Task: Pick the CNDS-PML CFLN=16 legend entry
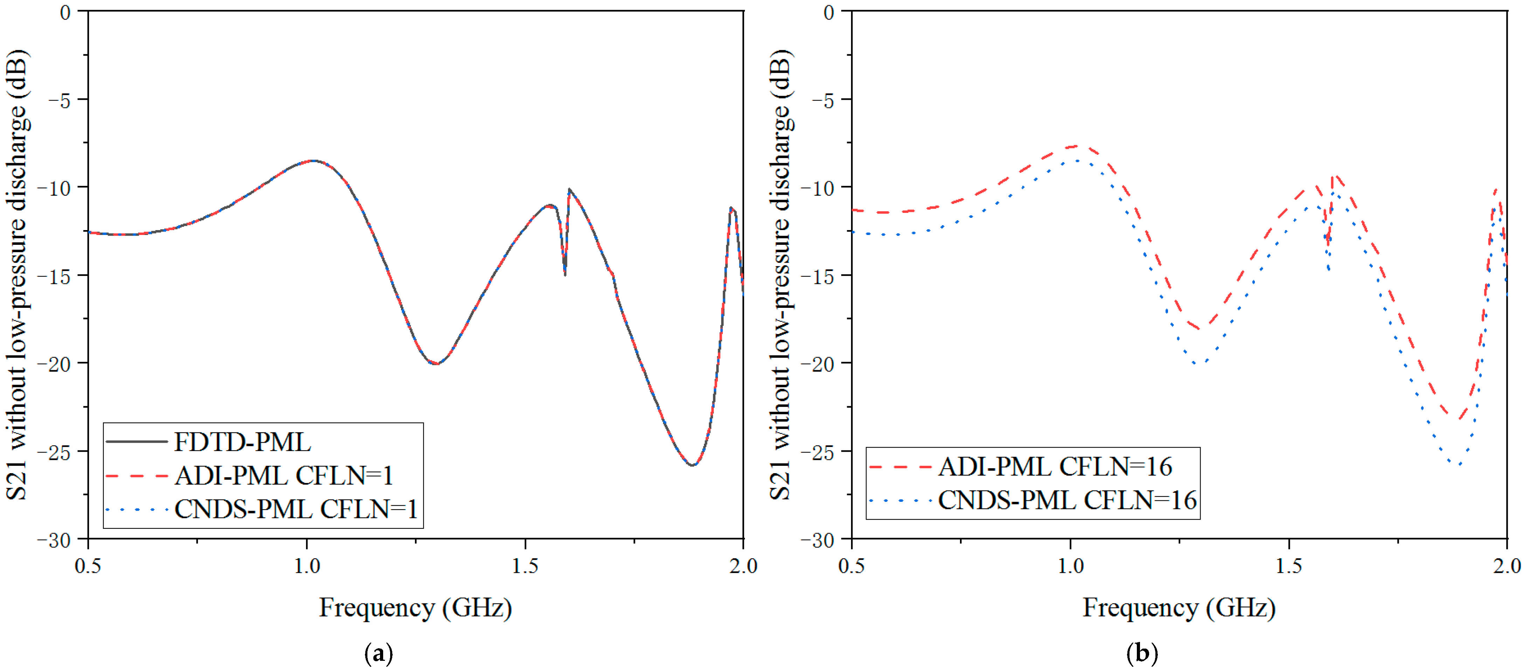tap(1067, 500)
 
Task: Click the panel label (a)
tap(378, 653)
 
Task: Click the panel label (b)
tap(1142, 653)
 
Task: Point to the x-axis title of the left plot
tap(415, 608)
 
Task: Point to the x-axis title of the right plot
tap(1179, 608)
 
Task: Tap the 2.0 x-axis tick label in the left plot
tap(743, 566)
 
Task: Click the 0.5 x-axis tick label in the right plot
tap(852, 566)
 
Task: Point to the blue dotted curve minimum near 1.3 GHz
tap(1198, 364)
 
